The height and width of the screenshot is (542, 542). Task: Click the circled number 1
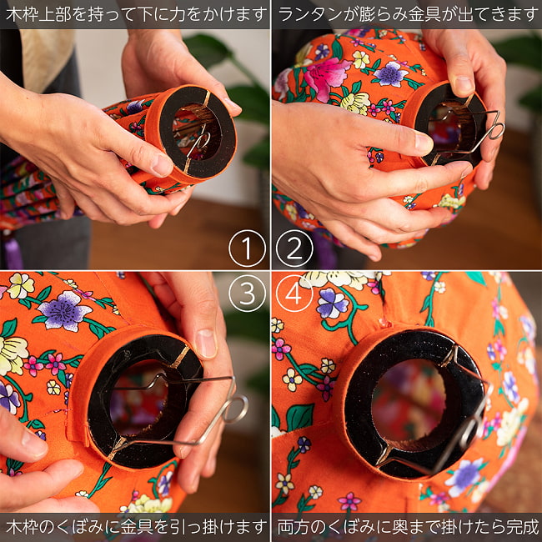point(247,248)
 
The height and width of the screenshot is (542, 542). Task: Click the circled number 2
point(294,248)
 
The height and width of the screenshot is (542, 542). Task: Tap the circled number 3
point(247,294)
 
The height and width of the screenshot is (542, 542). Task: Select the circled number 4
point(294,294)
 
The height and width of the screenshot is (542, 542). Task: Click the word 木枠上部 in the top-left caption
point(38,14)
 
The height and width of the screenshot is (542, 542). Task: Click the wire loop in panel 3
point(236,409)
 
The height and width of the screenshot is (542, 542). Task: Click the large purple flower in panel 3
point(64,310)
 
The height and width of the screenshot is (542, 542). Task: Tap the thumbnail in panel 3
point(206,343)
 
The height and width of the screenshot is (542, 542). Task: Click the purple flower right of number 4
point(333,304)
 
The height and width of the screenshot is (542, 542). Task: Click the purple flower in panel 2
point(391,74)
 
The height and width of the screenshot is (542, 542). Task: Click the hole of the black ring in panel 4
point(409,400)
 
